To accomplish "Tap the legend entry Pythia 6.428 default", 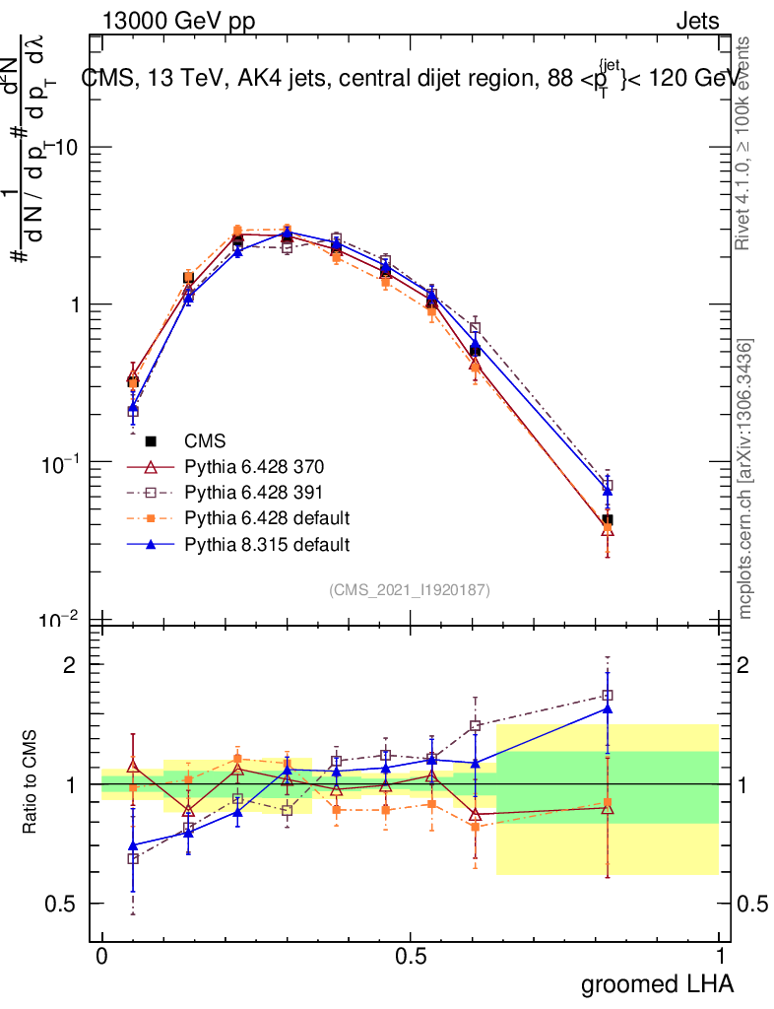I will click(x=252, y=517).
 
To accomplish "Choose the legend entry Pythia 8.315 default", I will click(x=252, y=543).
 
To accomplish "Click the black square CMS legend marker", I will click(x=151, y=440).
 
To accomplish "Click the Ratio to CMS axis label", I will click(x=31, y=784).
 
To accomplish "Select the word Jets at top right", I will click(x=697, y=21).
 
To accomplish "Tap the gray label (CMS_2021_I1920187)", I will click(x=410, y=589).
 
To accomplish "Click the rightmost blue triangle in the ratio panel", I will click(x=608, y=708).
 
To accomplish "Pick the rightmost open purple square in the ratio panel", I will click(x=608, y=696).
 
